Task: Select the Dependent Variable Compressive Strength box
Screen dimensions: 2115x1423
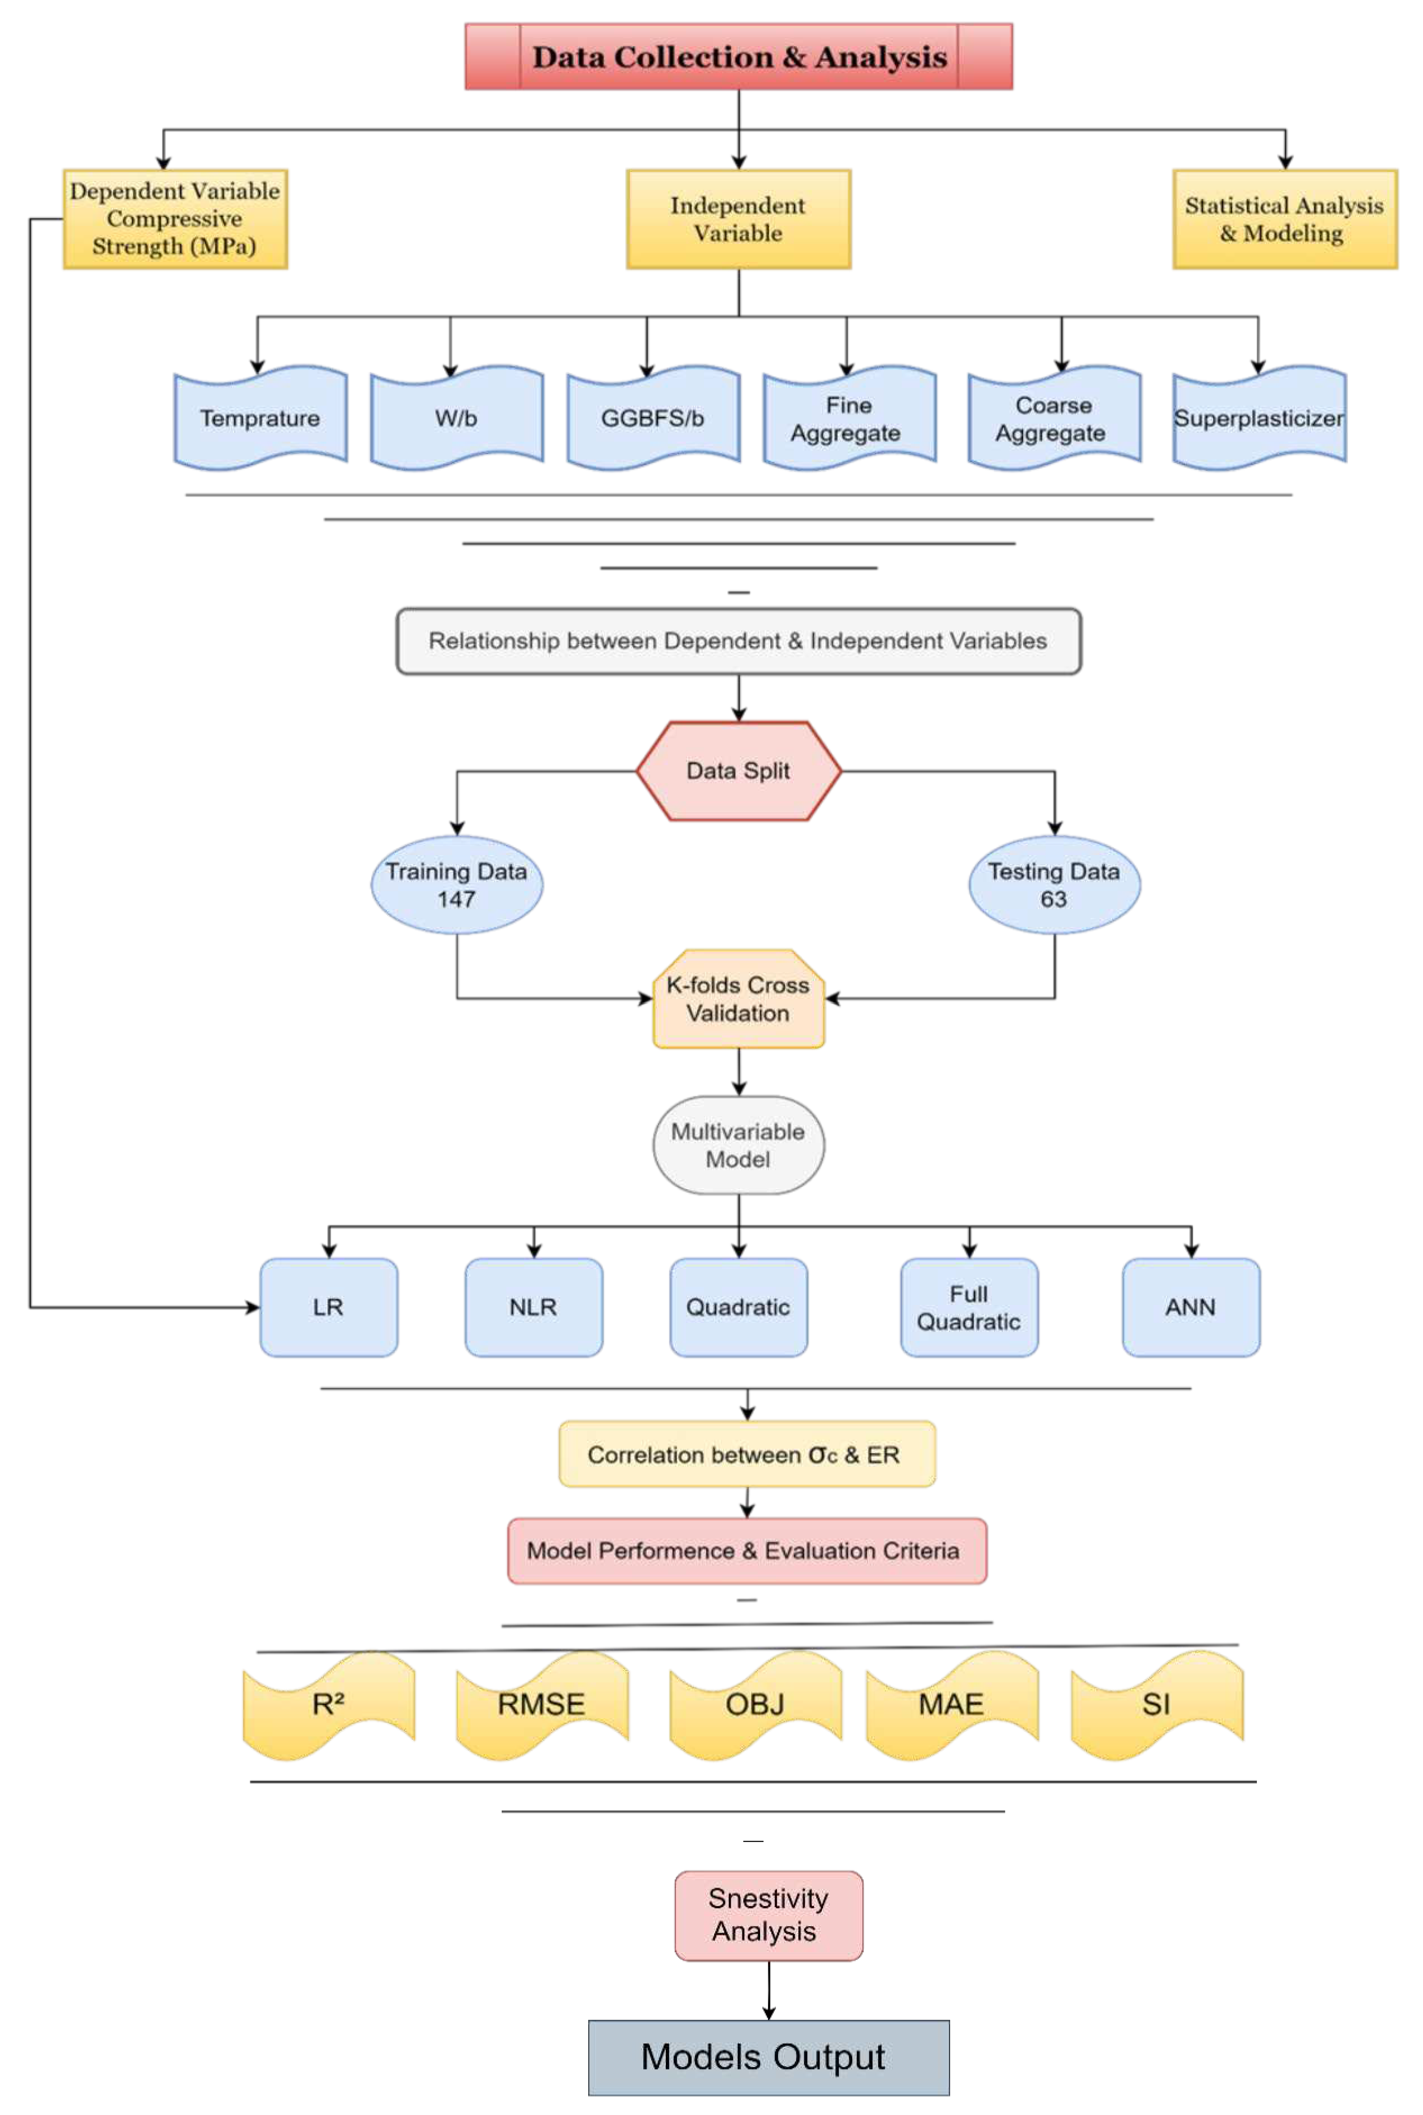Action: tap(175, 219)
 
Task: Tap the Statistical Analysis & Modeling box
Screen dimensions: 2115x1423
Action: tap(1284, 219)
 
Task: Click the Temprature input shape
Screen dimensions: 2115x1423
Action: tap(261, 419)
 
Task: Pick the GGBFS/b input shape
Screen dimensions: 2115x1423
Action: tap(653, 419)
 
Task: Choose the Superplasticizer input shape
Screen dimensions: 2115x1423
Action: tap(1259, 419)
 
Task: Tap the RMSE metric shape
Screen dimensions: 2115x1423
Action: tap(542, 1704)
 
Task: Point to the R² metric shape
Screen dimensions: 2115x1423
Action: tap(329, 1704)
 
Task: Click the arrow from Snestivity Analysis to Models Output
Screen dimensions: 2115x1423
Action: tap(769, 1990)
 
